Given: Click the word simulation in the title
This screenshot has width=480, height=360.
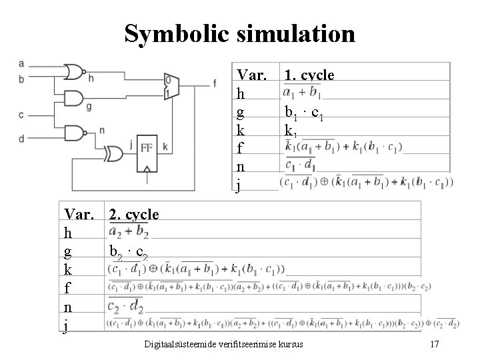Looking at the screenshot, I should click(291, 33).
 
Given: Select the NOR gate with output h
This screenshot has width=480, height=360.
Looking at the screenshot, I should click(73, 71).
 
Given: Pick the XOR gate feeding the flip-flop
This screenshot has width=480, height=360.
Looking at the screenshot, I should click(113, 155).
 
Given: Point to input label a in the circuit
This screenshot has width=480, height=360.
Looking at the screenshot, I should click(22, 64).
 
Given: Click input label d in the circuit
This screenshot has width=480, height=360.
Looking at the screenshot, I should click(22, 139).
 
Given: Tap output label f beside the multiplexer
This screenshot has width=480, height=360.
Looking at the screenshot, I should click(215, 83).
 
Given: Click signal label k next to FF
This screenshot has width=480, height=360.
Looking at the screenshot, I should click(165, 147).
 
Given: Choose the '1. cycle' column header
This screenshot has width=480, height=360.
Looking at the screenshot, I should click(309, 75).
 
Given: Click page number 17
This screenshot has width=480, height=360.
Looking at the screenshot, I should click(434, 344).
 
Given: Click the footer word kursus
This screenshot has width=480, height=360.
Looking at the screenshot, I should click(289, 344).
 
